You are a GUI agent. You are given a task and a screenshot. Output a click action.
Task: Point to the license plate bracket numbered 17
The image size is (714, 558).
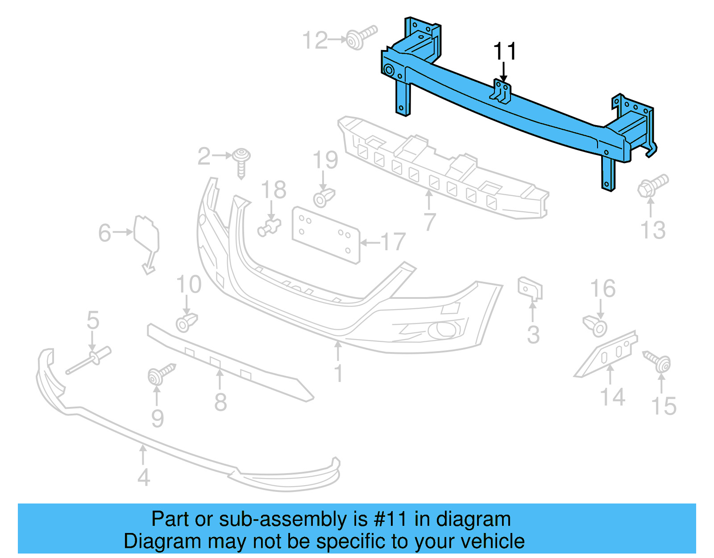point(325,235)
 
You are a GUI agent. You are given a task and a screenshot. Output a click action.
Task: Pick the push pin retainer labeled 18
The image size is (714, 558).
point(269,227)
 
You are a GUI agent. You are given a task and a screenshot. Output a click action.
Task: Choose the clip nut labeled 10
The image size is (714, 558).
point(186,322)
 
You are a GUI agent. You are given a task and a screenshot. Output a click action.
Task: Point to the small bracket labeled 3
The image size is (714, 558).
point(530,288)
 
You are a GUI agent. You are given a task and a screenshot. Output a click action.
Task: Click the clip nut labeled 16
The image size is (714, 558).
point(595,326)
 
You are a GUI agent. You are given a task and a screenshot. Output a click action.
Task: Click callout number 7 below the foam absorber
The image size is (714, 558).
point(429,221)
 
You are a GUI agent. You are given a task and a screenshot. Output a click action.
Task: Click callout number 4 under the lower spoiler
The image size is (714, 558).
point(143,477)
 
